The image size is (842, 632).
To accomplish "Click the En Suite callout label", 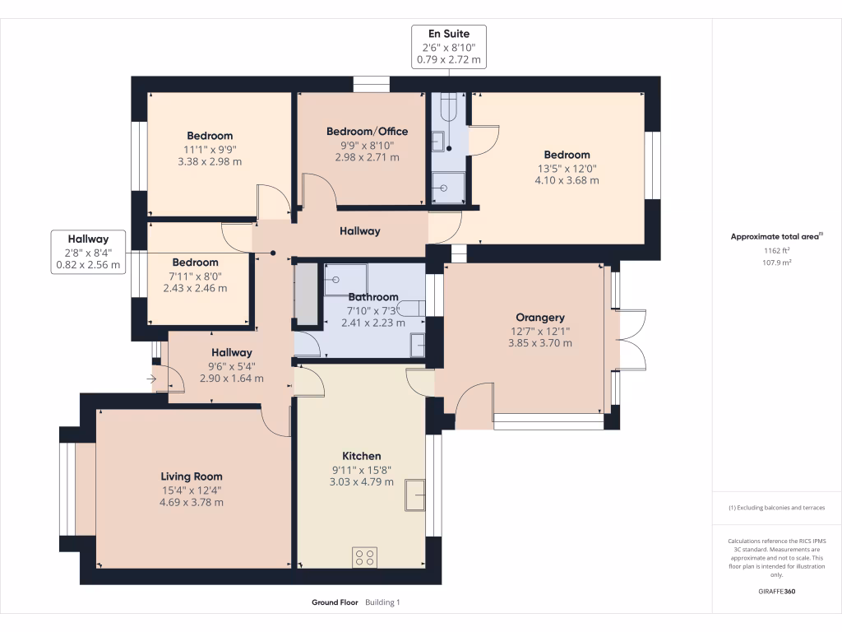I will (x=449, y=34).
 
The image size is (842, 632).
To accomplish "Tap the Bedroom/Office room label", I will (x=367, y=132).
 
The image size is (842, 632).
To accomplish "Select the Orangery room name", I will (x=539, y=318).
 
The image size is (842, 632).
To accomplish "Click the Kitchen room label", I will (x=362, y=457).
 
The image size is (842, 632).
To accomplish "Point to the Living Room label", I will (x=191, y=476).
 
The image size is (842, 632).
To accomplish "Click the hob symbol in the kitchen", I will (x=364, y=557).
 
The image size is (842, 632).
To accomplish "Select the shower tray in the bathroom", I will (x=345, y=279).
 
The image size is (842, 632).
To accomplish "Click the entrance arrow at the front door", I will (x=151, y=379).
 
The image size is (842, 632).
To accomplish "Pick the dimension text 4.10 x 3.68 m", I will (x=567, y=180).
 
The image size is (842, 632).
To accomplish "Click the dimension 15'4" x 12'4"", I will (x=191, y=490).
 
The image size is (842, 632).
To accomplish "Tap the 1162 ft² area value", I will (x=777, y=251).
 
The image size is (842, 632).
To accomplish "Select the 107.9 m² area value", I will (x=777, y=263).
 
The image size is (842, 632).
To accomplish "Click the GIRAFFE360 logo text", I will (x=777, y=592).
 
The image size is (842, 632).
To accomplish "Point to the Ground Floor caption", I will (x=335, y=603).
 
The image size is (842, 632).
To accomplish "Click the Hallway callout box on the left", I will (x=88, y=252).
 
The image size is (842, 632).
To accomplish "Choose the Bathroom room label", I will (x=373, y=297).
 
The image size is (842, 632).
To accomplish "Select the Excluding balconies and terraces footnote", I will (x=777, y=508).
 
